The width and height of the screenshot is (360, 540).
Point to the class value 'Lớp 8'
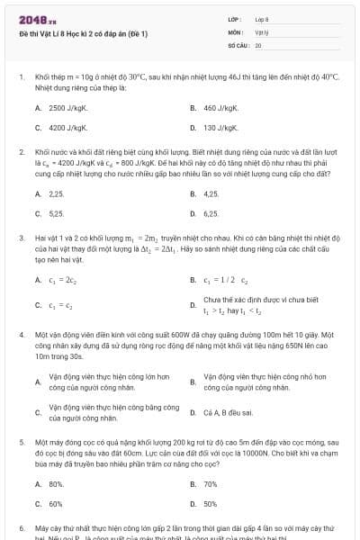[x=262, y=19]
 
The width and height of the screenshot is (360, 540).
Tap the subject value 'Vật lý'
[x=262, y=31]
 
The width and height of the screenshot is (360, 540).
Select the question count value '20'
[x=258, y=44]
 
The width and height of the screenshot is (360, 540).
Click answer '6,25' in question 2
[x=211, y=214]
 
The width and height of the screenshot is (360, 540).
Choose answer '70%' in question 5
[x=211, y=484]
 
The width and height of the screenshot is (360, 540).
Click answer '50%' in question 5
[x=211, y=504]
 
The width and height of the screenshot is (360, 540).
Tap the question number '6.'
[x=22, y=527]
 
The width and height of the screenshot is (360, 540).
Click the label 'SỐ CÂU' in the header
[x=238, y=44]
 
